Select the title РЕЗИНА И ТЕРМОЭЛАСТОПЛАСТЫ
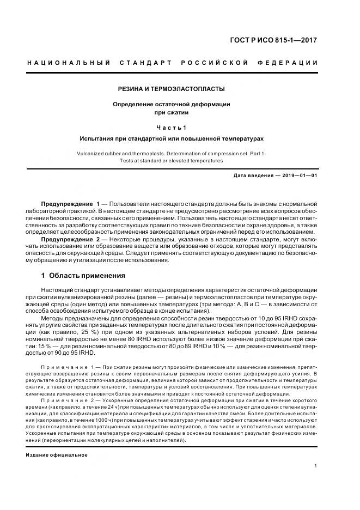coord(172,89)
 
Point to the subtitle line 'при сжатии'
coord(172,113)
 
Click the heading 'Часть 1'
coord(172,127)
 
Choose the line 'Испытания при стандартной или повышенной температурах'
coord(172,139)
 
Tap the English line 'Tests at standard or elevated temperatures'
coord(172,161)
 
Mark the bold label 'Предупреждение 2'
coord(70,239)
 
